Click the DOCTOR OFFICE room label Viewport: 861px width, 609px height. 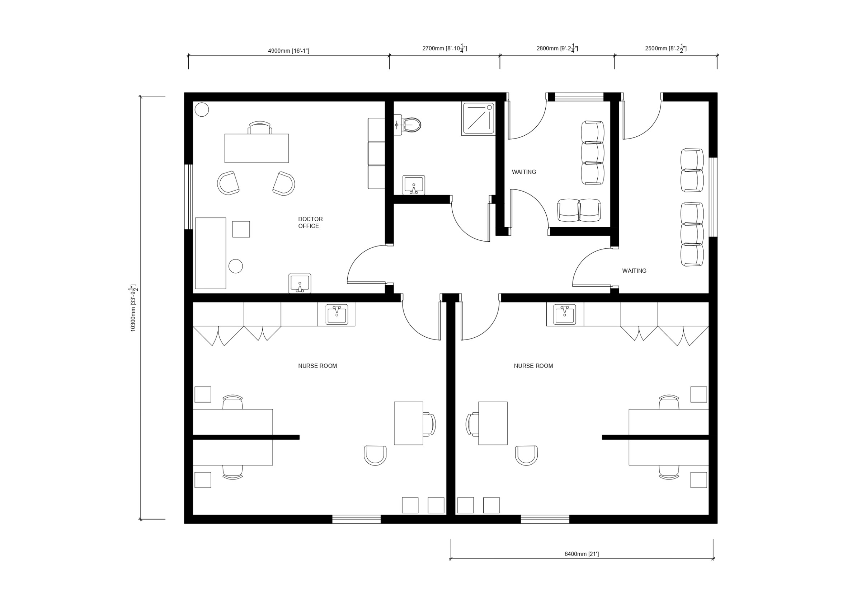click(x=310, y=222)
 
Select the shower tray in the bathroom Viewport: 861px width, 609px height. click(x=478, y=118)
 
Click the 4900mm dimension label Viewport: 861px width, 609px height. click(x=288, y=51)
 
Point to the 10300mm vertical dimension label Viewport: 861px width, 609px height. click(x=133, y=308)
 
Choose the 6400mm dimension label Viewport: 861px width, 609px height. click(x=582, y=554)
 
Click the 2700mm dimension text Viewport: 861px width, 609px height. click(x=444, y=48)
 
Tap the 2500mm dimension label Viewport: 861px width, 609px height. click(x=665, y=48)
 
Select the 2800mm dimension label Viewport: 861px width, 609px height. click(x=557, y=48)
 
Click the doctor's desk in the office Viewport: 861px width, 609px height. click(x=257, y=148)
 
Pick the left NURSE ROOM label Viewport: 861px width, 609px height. click(x=317, y=366)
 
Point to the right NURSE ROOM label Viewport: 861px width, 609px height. click(x=533, y=366)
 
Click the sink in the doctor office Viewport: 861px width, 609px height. click(x=300, y=283)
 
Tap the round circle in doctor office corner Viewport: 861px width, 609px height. click(x=202, y=109)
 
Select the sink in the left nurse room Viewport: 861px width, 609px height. click(x=337, y=314)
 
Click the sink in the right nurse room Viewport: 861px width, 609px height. click(x=564, y=314)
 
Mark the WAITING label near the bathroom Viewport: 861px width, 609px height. click(x=524, y=172)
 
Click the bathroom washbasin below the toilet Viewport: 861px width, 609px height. click(x=414, y=185)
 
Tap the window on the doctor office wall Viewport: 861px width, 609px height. click(x=189, y=197)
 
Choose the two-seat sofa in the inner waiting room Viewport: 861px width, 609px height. click(x=579, y=211)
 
